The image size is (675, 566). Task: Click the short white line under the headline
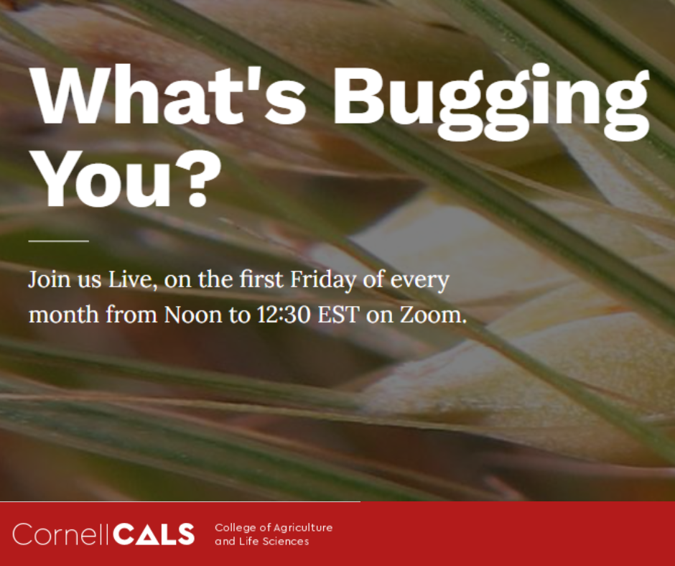58,241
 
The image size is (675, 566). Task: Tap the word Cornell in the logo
60,534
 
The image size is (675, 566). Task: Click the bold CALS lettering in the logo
154,534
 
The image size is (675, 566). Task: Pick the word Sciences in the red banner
285,542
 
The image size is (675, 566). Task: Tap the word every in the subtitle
419,279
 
